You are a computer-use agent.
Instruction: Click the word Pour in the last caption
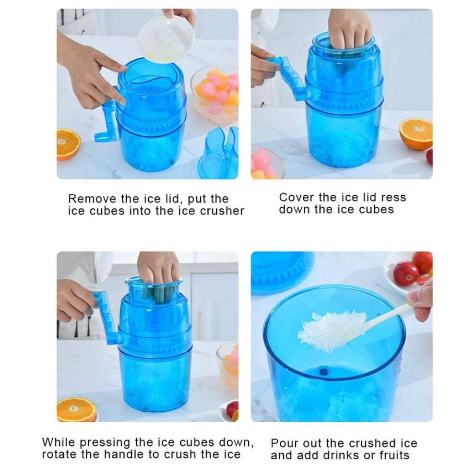coord(284,443)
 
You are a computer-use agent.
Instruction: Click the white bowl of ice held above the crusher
coord(166,39)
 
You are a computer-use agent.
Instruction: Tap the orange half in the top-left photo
coord(68,144)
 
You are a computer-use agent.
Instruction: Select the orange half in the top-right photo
coord(416,134)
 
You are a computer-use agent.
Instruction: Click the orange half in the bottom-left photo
coord(76,410)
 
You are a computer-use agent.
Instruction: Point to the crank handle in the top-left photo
coord(107,121)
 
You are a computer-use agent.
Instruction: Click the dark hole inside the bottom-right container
coord(323,371)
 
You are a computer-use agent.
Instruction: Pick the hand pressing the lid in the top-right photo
coord(350,29)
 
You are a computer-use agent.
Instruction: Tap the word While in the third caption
coord(58,442)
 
